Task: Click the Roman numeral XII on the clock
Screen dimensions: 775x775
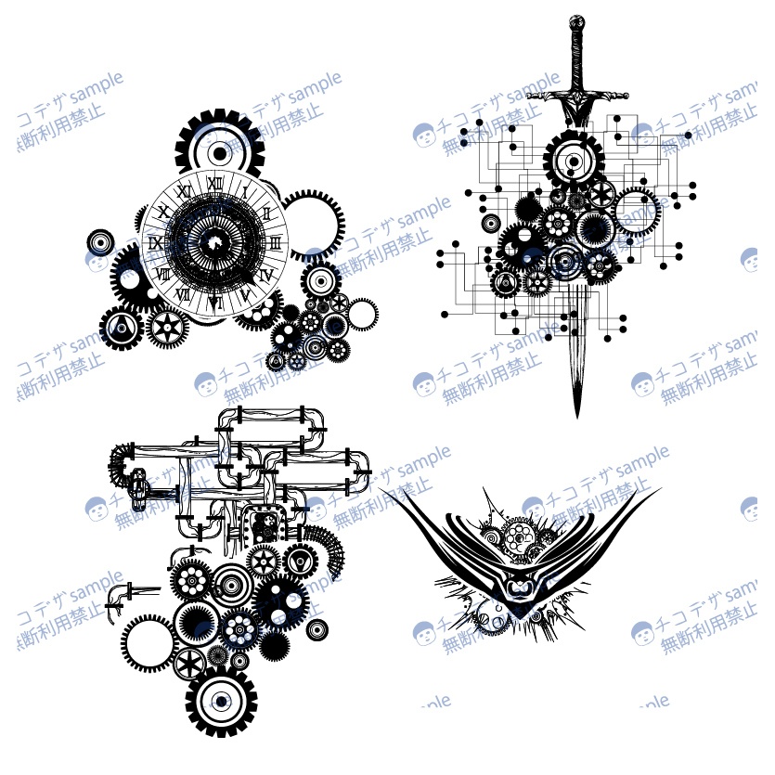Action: pyautogui.click(x=215, y=182)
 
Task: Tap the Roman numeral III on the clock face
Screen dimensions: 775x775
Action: pyautogui.click(x=276, y=242)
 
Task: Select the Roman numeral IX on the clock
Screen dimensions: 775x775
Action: pyautogui.click(x=156, y=245)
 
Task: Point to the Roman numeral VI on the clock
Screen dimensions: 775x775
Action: pyautogui.click(x=215, y=302)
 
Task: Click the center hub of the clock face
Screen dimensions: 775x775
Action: pyautogui.click(x=215, y=242)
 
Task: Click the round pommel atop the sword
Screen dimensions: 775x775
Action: pyautogui.click(x=577, y=20)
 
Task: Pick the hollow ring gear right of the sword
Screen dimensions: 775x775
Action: pyautogui.click(x=635, y=212)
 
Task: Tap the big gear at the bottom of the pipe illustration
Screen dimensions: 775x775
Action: pyautogui.click(x=221, y=701)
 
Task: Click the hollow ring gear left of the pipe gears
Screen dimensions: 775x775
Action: pyautogui.click(x=148, y=640)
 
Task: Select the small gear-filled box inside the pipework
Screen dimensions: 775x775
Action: pyautogui.click(x=264, y=526)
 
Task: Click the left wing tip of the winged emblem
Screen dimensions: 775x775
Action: pyautogui.click(x=383, y=490)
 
